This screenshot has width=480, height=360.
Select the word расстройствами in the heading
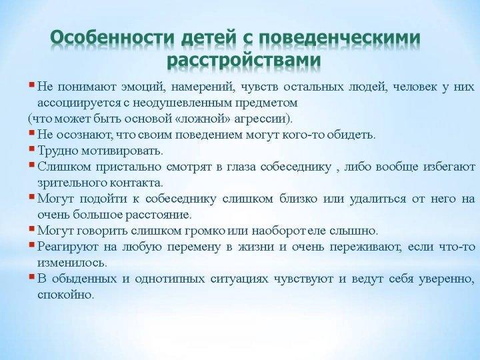coord(244,60)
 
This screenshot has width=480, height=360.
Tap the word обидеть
coord(351,135)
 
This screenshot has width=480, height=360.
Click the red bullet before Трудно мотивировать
coord(31,149)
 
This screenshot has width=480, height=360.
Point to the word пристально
coord(129,167)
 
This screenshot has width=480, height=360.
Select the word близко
coord(298,199)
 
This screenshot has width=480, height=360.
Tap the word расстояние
coord(159,215)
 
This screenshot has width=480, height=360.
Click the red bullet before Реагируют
coord(31,244)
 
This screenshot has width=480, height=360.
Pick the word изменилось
coord(72,263)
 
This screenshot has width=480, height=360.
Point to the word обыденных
coord(85,279)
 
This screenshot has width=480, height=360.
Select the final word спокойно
coord(65,295)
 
